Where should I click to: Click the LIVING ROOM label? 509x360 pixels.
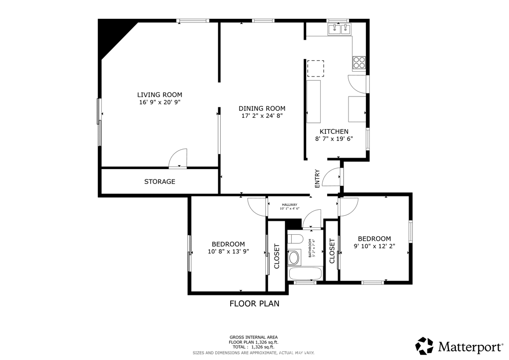(160, 94)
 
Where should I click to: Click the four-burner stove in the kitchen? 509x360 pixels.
(359, 63)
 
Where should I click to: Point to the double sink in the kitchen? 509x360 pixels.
(339, 29)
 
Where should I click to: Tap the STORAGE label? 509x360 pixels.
(160, 181)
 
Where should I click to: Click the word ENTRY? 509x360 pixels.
(317, 179)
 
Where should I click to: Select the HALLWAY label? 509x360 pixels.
(289, 205)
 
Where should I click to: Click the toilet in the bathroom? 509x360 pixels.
(295, 239)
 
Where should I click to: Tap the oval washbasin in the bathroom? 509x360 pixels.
(294, 258)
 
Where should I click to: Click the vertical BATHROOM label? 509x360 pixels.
(310, 248)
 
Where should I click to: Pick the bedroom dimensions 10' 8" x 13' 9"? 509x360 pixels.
(228, 252)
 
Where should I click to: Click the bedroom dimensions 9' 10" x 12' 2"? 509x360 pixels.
(374, 246)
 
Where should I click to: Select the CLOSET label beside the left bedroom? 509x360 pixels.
(277, 256)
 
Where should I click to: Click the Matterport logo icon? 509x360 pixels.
(424, 345)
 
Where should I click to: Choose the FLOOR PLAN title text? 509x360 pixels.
(254, 303)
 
